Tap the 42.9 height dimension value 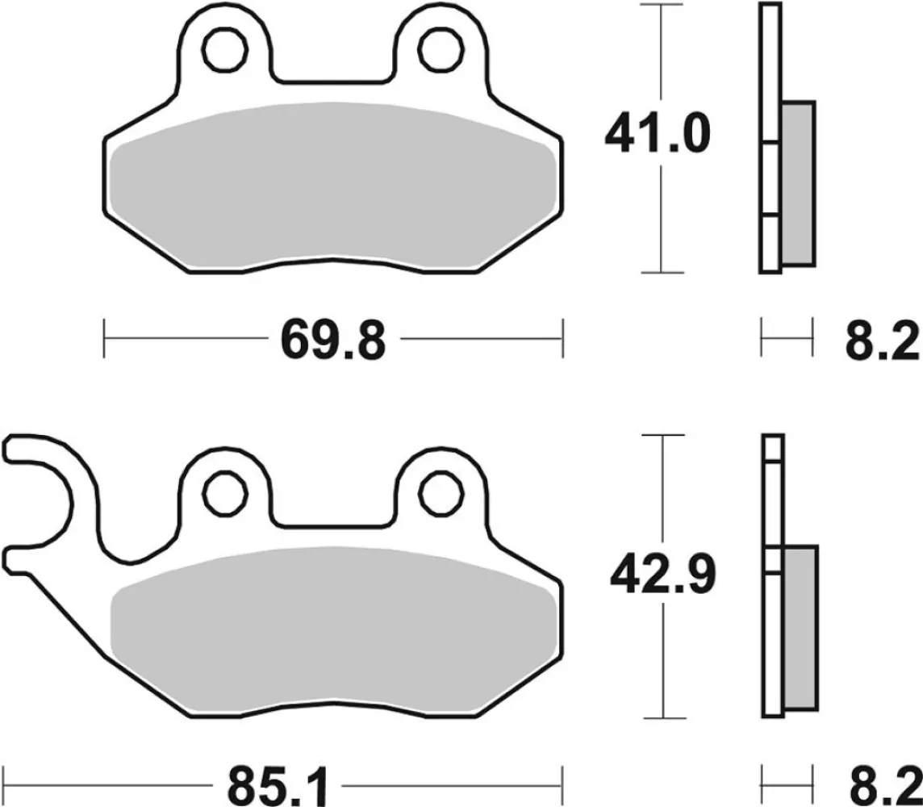point(662,575)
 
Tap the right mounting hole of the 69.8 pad point(439,50)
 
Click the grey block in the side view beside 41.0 point(798,183)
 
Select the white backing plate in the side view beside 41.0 point(771,81)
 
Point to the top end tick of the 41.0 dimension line point(662,6)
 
